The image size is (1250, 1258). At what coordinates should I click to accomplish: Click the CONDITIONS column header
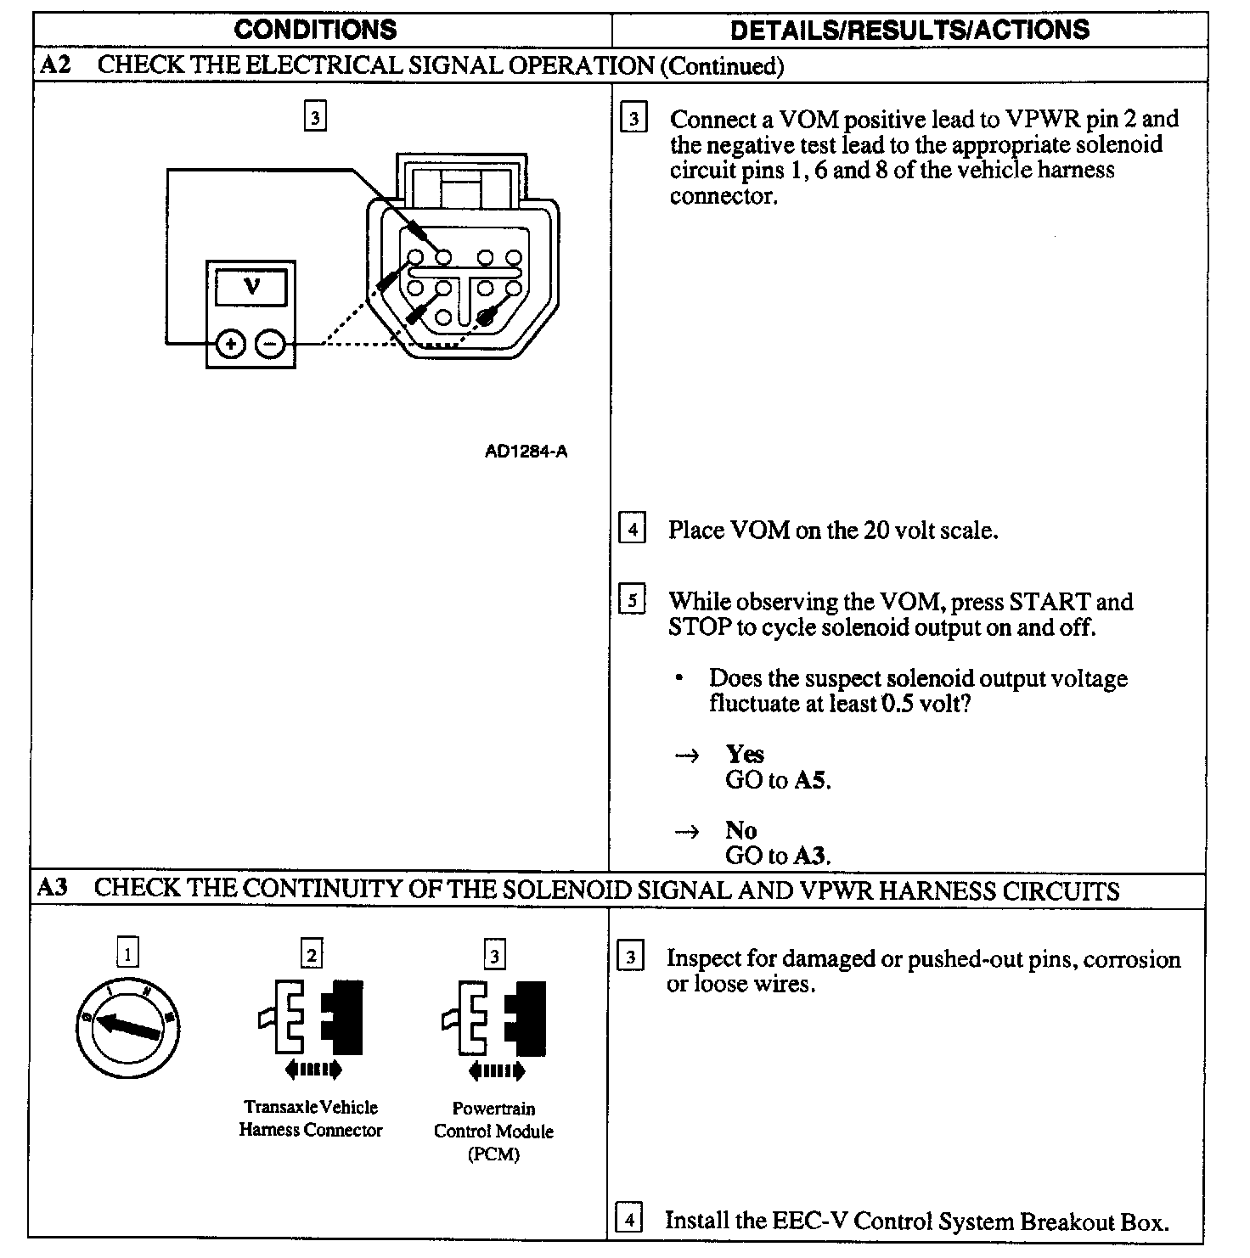coord(315,30)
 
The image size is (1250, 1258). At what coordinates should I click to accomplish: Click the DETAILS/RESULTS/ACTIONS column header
coord(909,30)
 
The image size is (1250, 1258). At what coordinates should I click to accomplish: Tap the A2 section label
coord(55,65)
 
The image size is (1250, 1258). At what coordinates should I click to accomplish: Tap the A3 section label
coord(53,888)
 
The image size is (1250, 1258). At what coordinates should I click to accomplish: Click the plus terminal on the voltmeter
coord(230,344)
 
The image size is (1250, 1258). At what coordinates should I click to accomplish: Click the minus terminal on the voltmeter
coord(270,344)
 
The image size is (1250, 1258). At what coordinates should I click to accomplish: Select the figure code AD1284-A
coord(526,452)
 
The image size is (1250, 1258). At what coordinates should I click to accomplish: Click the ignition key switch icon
coord(128,1028)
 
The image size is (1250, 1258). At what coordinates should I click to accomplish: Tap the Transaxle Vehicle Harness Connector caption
coord(311,1118)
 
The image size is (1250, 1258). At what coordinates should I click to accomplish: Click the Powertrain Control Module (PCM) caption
coord(493,1131)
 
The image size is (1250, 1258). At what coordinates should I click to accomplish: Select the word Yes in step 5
coord(745,754)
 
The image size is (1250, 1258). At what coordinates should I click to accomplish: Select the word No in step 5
coord(740,829)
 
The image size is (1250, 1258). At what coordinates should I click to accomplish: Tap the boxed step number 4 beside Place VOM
coord(633,529)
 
